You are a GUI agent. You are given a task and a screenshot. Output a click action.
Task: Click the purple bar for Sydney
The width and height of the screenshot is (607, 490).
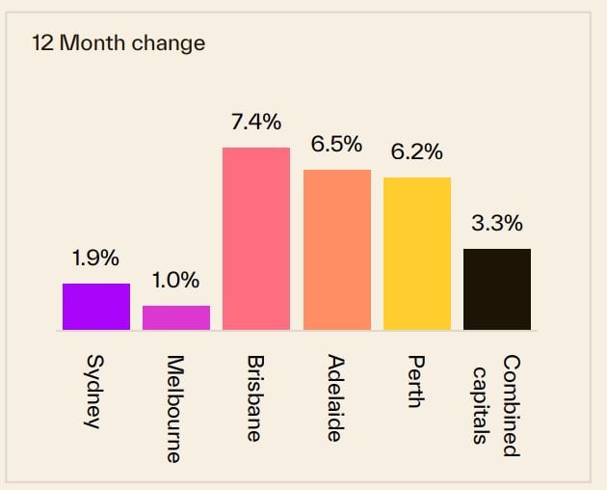[x=96, y=307]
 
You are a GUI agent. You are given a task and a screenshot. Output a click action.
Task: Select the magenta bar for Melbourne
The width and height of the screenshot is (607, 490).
[x=176, y=318]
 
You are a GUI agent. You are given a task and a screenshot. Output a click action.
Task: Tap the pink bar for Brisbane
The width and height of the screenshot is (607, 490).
[x=256, y=239]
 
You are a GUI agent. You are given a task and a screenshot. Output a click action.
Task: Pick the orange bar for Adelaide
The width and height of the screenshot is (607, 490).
[x=337, y=250]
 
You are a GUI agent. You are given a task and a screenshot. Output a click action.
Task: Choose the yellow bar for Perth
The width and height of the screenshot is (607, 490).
[x=417, y=254]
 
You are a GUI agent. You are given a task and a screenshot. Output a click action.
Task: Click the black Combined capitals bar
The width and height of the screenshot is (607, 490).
[x=497, y=289]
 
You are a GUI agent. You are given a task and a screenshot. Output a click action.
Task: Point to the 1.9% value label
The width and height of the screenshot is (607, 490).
[x=95, y=259]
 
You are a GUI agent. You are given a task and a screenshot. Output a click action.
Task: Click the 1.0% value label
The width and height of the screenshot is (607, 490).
[x=175, y=281]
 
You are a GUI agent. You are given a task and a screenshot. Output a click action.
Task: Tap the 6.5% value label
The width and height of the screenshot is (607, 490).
[x=336, y=145]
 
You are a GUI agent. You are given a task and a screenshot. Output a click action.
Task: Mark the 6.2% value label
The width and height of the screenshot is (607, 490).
[x=417, y=151]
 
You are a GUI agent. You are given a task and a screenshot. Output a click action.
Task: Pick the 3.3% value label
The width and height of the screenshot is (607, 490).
[x=497, y=224]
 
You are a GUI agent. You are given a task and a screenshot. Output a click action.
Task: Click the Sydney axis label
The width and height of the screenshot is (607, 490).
[x=93, y=392]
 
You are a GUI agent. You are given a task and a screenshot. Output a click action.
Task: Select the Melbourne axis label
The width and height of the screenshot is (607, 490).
[x=173, y=409]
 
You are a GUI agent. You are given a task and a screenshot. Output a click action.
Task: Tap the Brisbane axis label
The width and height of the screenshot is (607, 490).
[x=254, y=398]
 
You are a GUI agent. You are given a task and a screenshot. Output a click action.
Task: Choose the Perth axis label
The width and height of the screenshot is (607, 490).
[x=415, y=382]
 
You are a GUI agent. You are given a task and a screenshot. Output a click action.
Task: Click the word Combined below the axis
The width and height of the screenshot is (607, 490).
[x=511, y=405]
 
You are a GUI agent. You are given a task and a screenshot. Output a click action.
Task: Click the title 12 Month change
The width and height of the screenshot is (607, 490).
[x=119, y=43]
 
